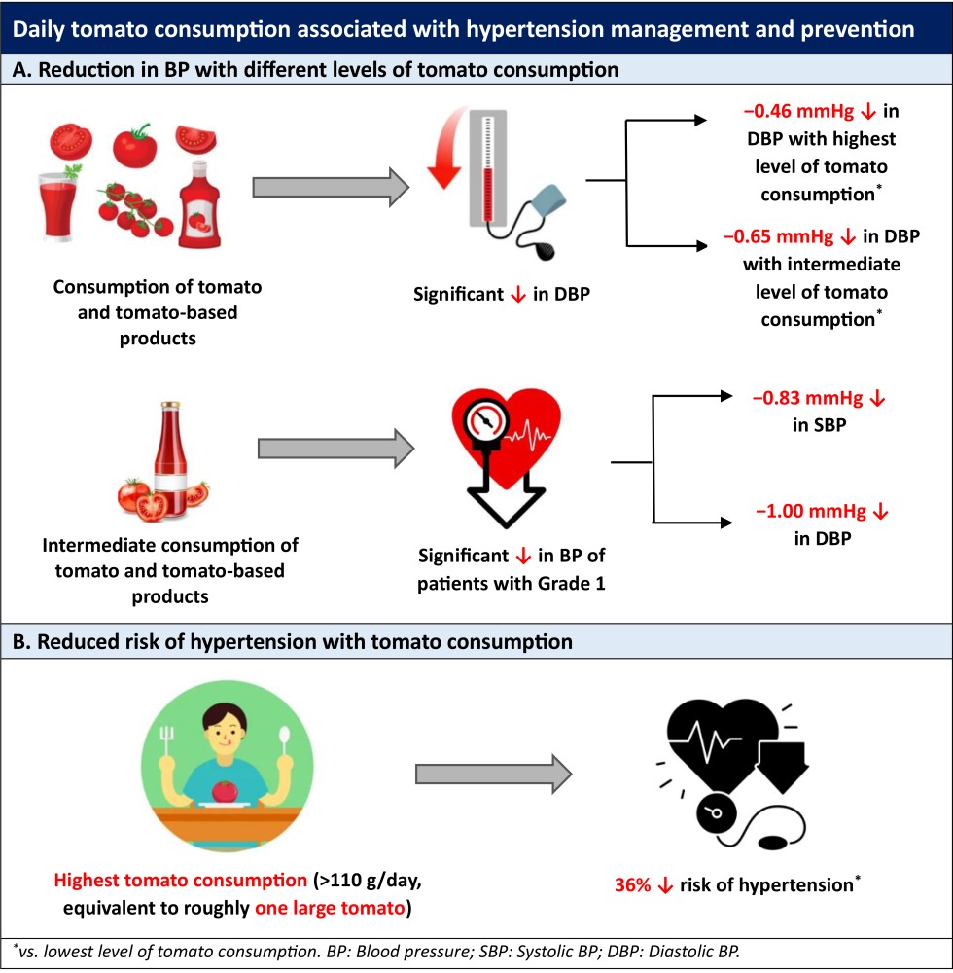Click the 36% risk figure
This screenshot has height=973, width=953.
[x=633, y=886]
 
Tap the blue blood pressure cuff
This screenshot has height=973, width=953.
[x=537, y=210]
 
